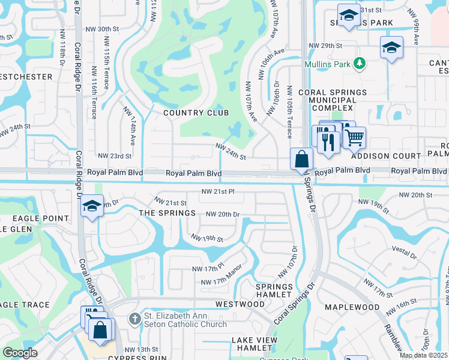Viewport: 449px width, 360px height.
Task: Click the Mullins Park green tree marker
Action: (360, 62)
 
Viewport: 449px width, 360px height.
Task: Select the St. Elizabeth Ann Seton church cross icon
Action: (136, 319)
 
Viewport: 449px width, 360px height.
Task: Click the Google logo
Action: (20, 352)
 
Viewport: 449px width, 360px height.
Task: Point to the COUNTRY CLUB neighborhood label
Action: (196, 113)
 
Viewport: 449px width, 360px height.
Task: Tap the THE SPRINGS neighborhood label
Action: (167, 213)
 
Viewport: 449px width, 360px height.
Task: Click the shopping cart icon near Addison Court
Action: (354, 137)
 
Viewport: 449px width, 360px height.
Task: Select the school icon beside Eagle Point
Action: (91, 206)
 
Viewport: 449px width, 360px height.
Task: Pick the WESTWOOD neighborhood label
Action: (240, 304)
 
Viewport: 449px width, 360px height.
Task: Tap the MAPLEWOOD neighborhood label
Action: (349, 307)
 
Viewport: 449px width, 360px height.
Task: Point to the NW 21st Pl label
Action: (217, 192)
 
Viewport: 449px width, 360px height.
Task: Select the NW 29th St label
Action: (325, 46)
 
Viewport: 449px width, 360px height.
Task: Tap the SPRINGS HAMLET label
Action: (275, 291)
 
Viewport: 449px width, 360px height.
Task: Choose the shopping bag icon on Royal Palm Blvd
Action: (301, 160)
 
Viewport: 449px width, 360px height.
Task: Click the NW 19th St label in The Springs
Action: (207, 238)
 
